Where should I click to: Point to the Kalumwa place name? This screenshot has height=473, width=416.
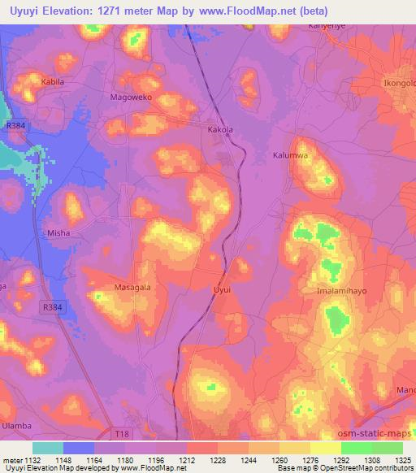(x=291, y=154)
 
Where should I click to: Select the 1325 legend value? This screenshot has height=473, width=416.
(x=403, y=460)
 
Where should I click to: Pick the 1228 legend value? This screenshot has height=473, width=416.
(x=203, y=460)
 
